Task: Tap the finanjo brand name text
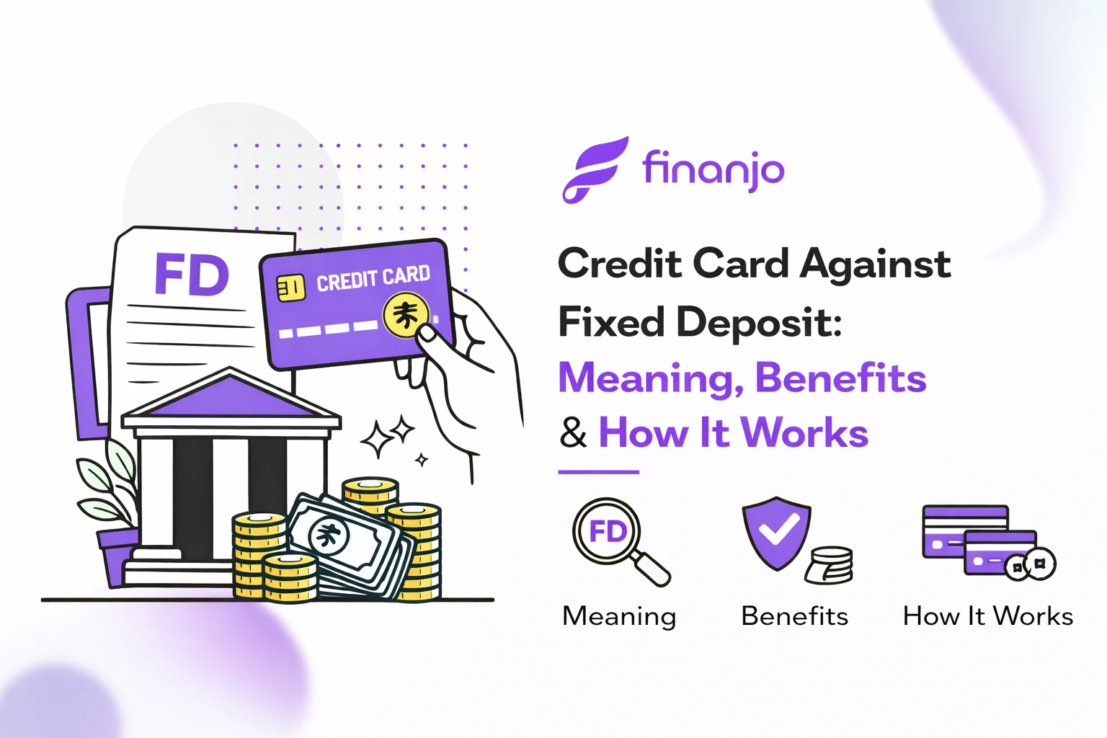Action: pos(713,170)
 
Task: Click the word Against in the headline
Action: pos(876,264)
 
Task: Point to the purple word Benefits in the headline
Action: pos(840,378)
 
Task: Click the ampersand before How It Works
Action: pos(573,433)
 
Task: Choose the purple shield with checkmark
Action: pos(777,533)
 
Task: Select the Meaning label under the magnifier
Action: pos(619,617)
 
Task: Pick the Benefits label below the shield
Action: pos(794,617)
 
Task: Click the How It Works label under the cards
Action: pos(987,617)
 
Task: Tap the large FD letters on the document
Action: pos(192,275)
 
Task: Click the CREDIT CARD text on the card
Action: pos(373,278)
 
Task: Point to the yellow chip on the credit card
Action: pos(291,288)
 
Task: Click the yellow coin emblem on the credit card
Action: pos(406,315)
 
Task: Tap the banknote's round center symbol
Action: pos(329,535)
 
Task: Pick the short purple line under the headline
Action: pos(598,472)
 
